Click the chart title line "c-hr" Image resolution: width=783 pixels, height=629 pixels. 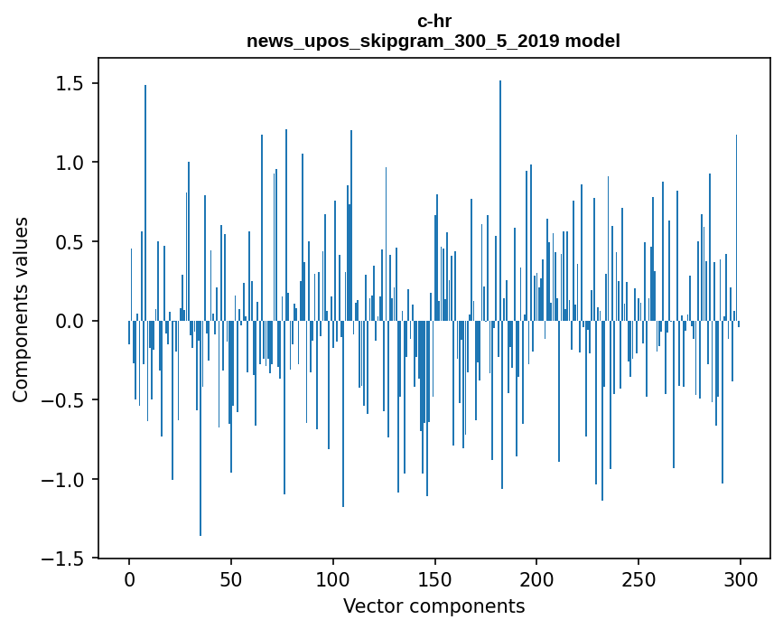point(433,22)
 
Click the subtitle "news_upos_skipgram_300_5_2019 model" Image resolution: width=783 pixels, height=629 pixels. point(433,41)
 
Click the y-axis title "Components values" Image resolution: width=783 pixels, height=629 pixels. point(21,309)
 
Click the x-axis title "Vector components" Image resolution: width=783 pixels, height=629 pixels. point(433,606)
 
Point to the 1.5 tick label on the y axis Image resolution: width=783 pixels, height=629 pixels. point(70,83)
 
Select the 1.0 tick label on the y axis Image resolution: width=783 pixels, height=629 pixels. point(70,163)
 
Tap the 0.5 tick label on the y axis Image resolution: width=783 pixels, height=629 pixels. point(70,241)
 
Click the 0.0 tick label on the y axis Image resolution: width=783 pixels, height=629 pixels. point(70,321)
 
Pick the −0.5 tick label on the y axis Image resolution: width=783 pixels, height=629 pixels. point(63,400)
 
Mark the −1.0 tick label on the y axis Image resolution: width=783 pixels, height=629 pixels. point(63,479)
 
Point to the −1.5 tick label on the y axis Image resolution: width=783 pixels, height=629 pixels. point(63,559)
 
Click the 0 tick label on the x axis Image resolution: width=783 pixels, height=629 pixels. point(129,578)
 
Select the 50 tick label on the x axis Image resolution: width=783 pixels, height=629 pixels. point(231,578)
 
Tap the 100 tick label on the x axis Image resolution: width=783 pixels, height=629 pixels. point(333,578)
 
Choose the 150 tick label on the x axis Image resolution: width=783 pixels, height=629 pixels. point(435,578)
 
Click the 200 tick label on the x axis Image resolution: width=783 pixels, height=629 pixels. point(536,578)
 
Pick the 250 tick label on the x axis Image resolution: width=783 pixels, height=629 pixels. point(639,578)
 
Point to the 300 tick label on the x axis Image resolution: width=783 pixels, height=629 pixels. point(741,578)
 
